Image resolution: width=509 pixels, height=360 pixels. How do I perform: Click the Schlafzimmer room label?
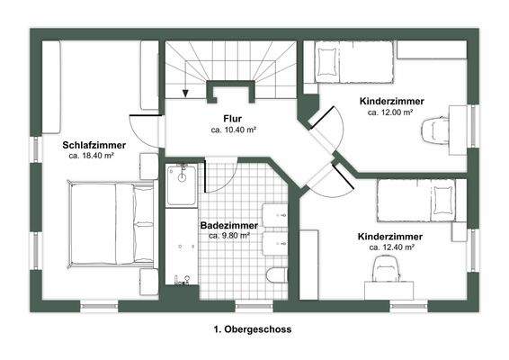click(94, 144)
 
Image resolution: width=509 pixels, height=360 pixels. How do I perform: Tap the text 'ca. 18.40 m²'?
click(94, 155)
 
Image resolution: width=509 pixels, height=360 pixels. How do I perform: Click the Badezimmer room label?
click(228, 226)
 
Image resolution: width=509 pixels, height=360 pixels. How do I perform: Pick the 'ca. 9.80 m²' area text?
click(228, 236)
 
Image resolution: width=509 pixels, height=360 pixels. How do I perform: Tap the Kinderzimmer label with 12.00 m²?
click(391, 102)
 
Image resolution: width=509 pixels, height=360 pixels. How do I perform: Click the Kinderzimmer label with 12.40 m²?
click(390, 237)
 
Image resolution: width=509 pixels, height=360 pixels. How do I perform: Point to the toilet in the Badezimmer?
click(277, 274)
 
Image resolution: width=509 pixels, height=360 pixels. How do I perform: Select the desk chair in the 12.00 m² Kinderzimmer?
click(435, 129)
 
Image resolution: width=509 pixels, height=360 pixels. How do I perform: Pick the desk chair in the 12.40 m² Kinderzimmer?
click(386, 268)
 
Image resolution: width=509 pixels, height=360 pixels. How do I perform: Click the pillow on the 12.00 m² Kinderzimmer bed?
click(329, 64)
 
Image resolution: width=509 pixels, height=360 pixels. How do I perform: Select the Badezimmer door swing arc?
click(214, 177)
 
